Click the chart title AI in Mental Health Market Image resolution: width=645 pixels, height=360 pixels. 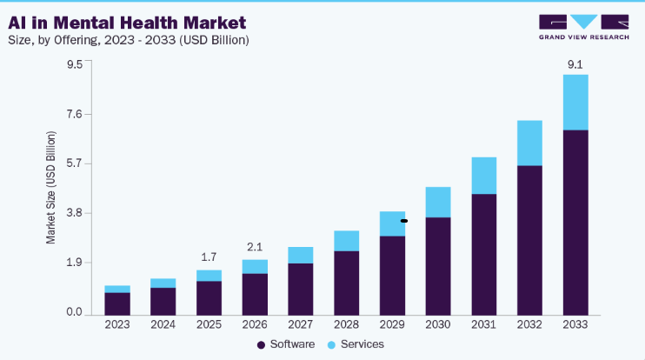(127, 23)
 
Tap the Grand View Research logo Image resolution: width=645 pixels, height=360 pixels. (583, 27)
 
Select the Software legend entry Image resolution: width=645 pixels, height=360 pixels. (286, 344)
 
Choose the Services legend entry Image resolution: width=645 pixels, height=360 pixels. (356, 344)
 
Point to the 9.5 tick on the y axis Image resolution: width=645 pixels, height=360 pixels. (75, 64)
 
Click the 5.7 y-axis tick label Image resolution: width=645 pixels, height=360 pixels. (75, 163)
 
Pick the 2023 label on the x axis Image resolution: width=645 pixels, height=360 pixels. (117, 324)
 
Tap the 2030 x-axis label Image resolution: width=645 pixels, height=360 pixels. (438, 324)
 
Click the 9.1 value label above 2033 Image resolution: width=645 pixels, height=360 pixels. (575, 64)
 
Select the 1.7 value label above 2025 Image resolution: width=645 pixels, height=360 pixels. (209, 257)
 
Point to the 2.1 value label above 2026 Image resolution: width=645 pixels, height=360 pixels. (255, 247)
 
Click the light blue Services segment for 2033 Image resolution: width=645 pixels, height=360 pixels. (575, 103)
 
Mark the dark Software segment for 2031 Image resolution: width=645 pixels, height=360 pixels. (483, 255)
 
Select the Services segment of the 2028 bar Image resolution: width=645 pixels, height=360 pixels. (346, 241)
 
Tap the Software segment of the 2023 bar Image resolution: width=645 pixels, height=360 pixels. (117, 304)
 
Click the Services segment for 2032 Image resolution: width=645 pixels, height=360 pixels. (530, 143)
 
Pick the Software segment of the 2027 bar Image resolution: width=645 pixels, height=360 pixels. (300, 290)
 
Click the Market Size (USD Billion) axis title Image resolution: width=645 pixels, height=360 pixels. (50, 188)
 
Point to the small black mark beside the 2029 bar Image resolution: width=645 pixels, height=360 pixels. (404, 221)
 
